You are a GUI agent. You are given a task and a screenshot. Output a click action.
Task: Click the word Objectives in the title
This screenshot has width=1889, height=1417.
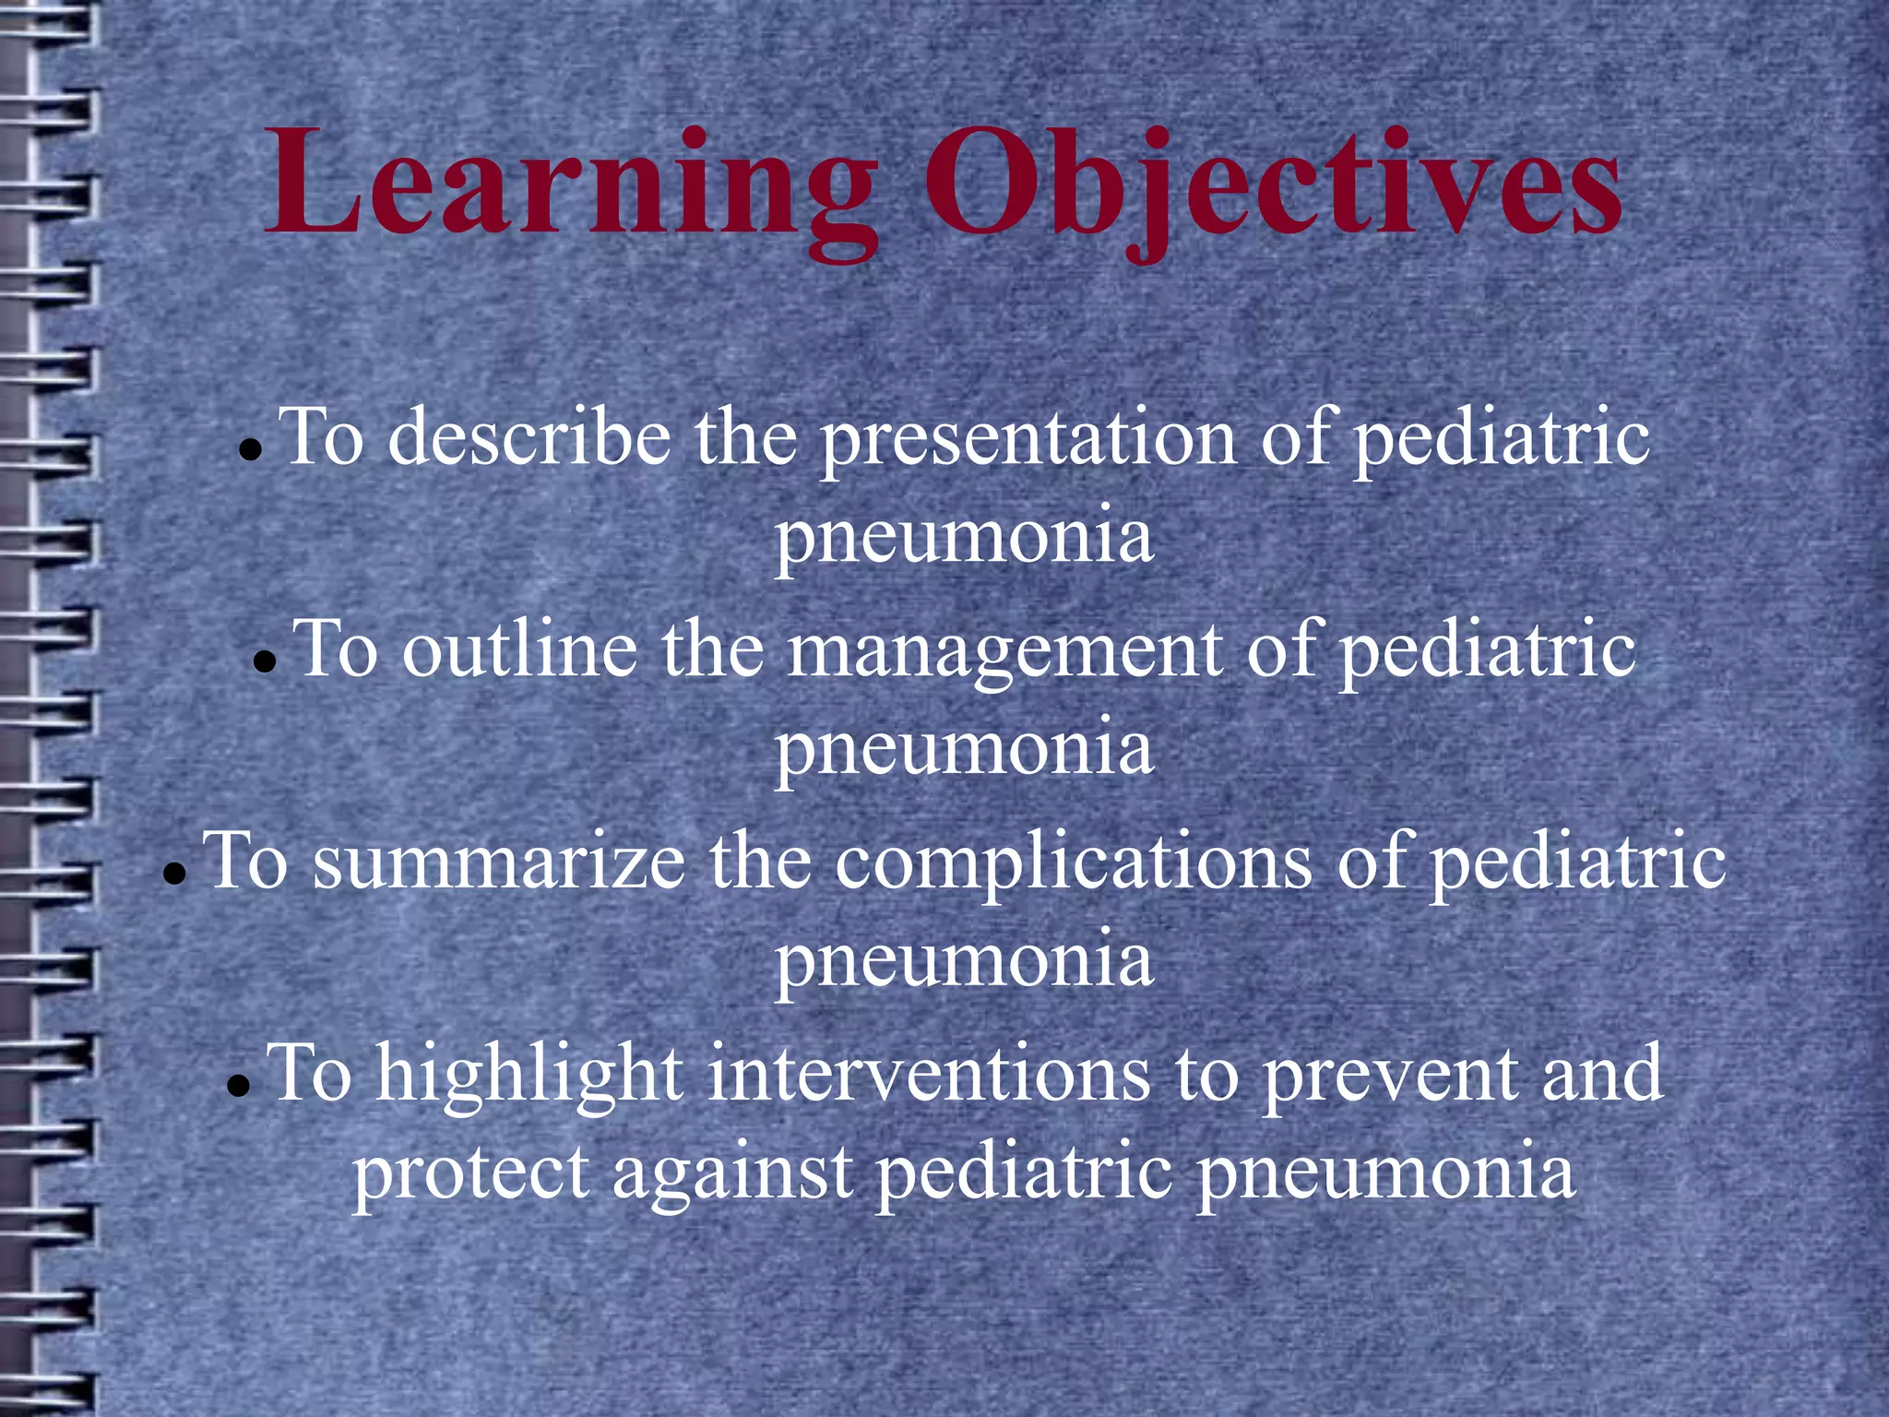pos(1273,185)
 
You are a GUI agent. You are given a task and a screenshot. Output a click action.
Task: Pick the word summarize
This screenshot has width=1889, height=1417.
pos(499,863)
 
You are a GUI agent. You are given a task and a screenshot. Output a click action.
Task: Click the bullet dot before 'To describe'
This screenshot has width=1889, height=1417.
pos(250,451)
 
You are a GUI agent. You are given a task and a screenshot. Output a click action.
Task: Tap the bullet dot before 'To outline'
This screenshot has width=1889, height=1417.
pos(265,662)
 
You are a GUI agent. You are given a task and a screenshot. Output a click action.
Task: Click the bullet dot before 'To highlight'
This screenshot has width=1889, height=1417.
pos(239,1086)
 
